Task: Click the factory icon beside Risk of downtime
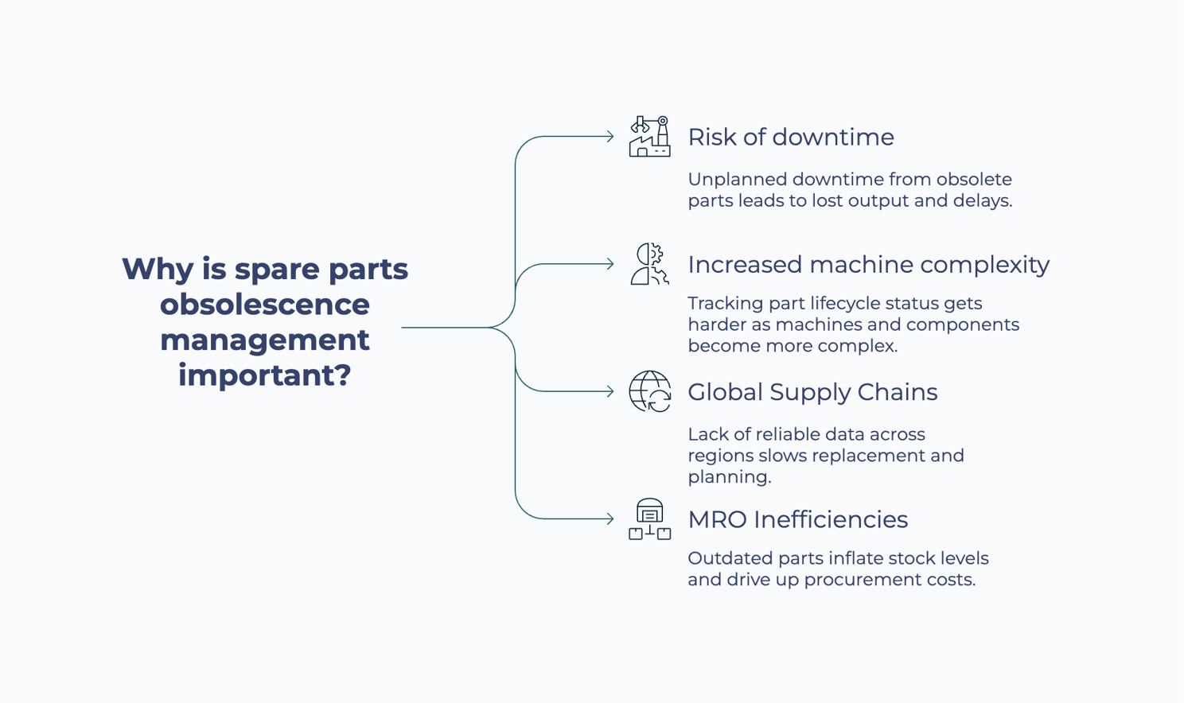click(x=649, y=137)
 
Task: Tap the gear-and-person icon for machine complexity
click(x=649, y=264)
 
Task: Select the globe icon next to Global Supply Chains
click(x=649, y=391)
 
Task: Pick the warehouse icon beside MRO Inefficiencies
click(x=649, y=519)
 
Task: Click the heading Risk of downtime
click(x=790, y=137)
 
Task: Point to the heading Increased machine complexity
click(x=868, y=264)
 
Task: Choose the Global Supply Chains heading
click(x=812, y=392)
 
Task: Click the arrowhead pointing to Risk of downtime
click(x=610, y=137)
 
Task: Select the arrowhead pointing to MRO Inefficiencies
click(x=610, y=519)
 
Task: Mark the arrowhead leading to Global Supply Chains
click(x=610, y=391)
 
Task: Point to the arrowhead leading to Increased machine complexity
click(x=610, y=264)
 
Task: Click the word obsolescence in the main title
click(x=265, y=304)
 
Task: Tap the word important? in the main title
click(x=265, y=375)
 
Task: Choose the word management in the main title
click(x=265, y=340)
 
